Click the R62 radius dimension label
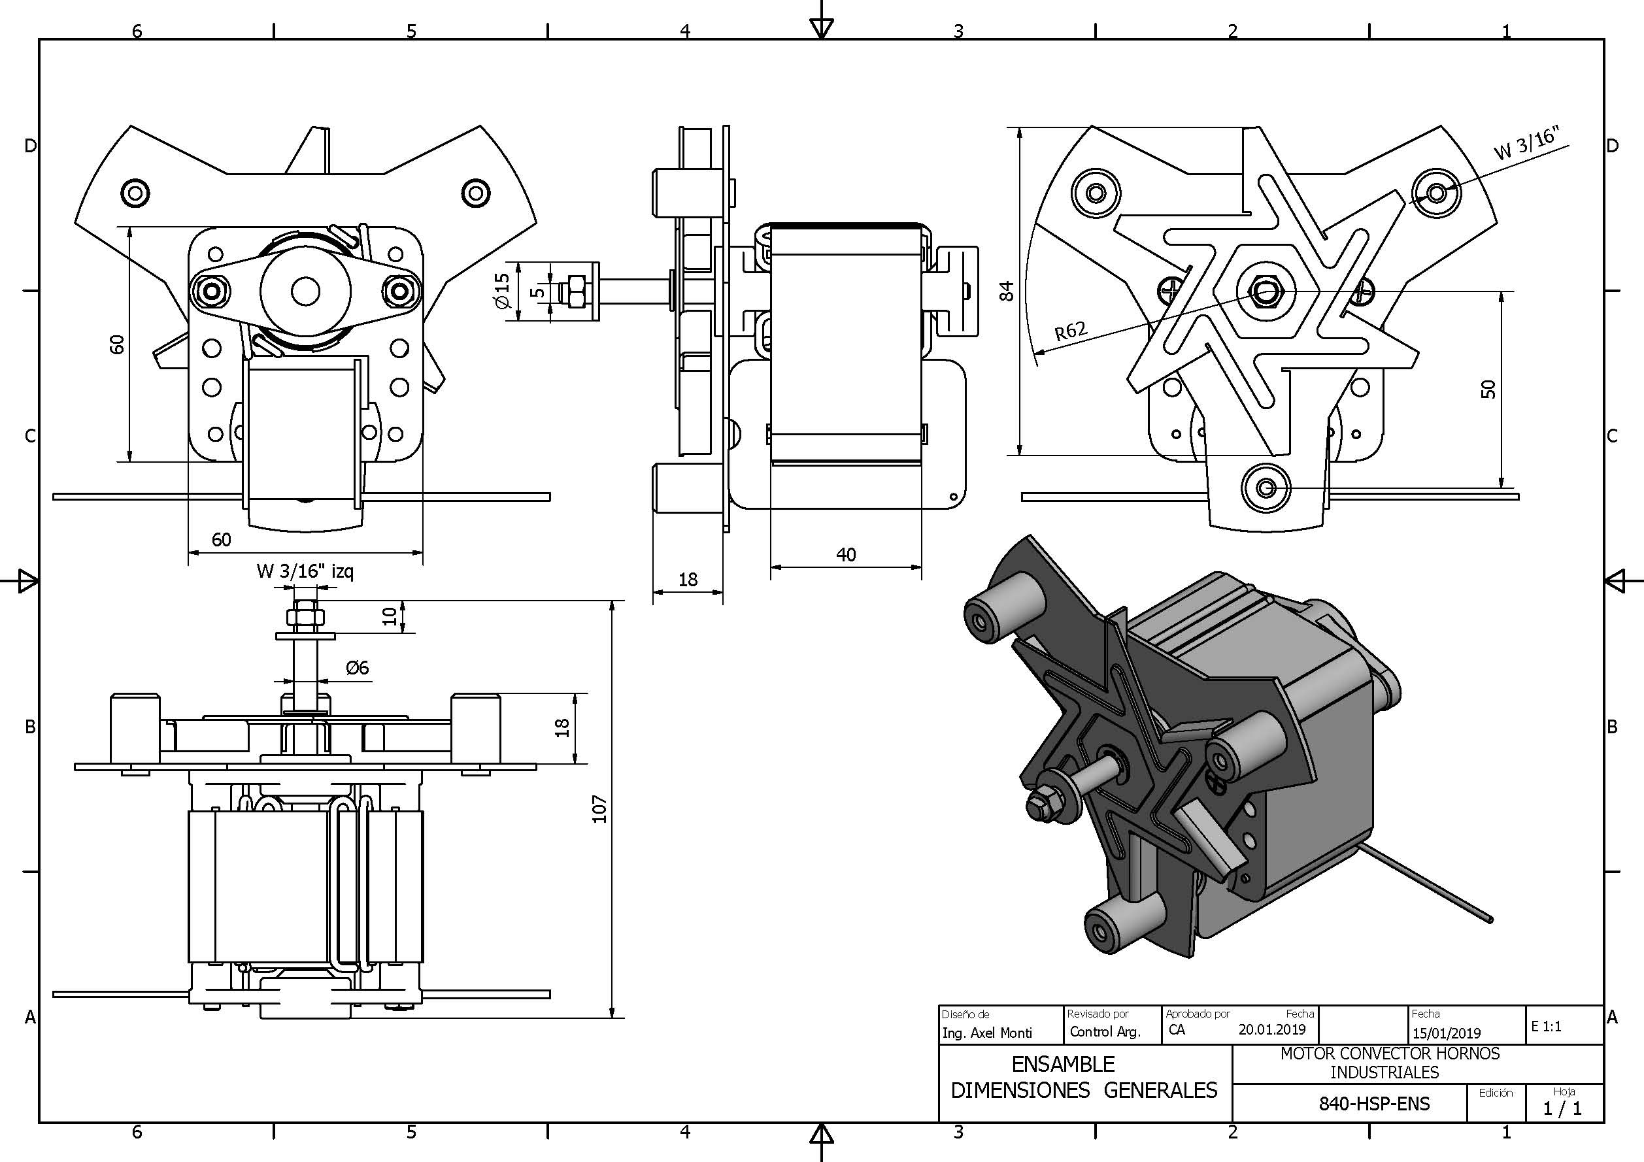[1071, 331]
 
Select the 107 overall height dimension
[599, 809]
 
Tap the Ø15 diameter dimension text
[502, 291]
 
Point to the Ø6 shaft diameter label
[357, 668]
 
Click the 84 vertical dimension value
[1007, 291]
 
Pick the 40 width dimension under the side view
[846, 554]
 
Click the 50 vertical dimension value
[1488, 390]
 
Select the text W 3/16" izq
[305, 571]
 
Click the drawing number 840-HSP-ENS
[1374, 1103]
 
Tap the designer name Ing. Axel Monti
[986, 1033]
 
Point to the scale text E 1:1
[1546, 1026]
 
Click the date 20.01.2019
[1271, 1029]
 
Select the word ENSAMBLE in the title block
[1064, 1064]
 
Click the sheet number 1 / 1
[1562, 1108]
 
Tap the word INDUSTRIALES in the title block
[1384, 1072]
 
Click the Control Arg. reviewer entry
[1104, 1032]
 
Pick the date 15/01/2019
[1447, 1033]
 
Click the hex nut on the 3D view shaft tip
[1037, 806]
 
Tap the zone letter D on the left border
[30, 146]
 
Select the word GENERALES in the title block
[1160, 1090]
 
